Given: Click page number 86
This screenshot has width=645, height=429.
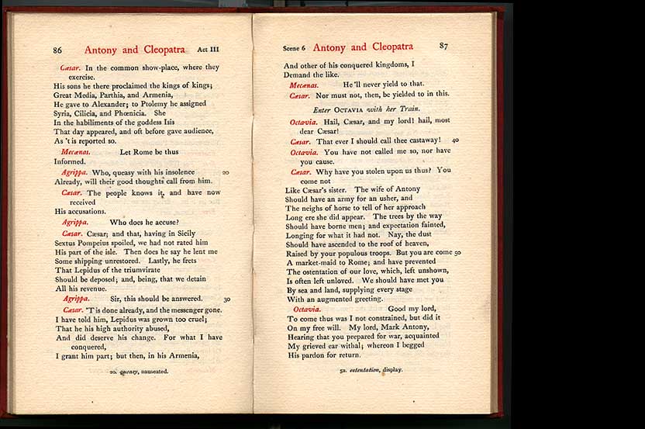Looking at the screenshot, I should click(x=57, y=50).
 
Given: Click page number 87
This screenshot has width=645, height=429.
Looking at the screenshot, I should click(x=443, y=46).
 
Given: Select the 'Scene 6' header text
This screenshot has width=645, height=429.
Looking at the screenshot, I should click(x=295, y=48).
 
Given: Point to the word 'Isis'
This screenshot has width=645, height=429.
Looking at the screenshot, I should click(x=169, y=122).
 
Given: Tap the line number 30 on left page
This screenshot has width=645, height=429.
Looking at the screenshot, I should click(x=226, y=299).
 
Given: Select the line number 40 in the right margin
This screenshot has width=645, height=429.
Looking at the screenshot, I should click(x=455, y=140).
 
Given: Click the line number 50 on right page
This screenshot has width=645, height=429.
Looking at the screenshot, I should click(x=457, y=252).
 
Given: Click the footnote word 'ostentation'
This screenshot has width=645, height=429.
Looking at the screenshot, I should click(x=364, y=370).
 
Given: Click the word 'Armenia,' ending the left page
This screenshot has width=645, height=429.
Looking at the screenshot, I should click(x=180, y=356).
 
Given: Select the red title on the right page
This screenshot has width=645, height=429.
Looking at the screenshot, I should click(x=363, y=47).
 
